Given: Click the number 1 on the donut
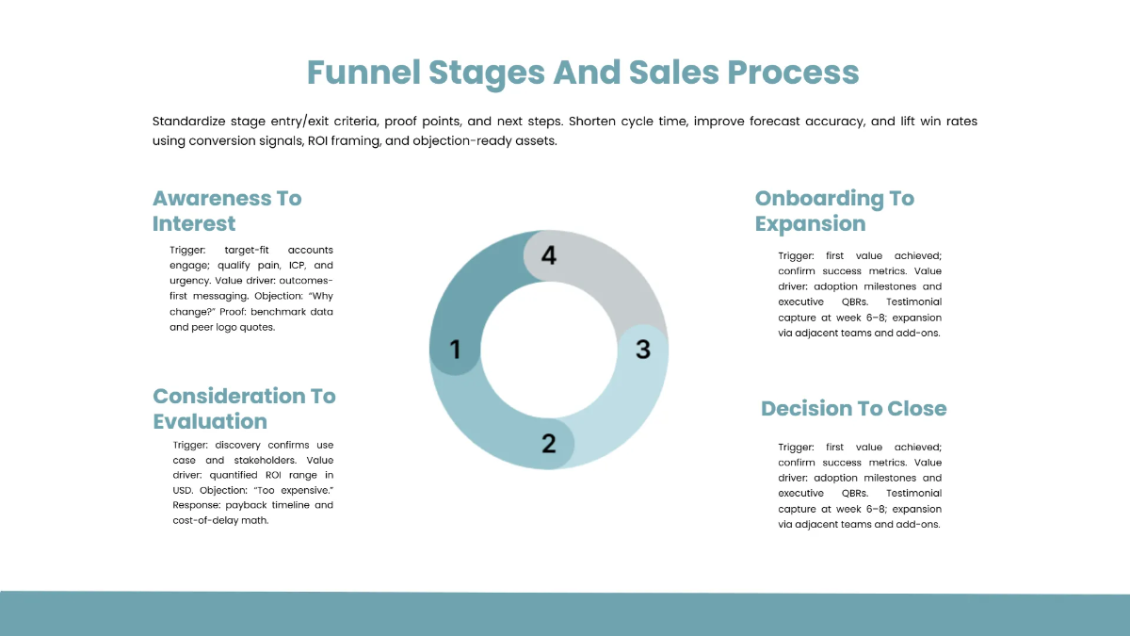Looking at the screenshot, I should pyautogui.click(x=455, y=351).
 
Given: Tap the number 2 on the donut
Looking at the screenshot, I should pyautogui.click(x=548, y=443).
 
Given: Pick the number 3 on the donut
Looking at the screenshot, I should pyautogui.click(x=642, y=350).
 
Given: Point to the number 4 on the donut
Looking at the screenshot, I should pyautogui.click(x=549, y=255).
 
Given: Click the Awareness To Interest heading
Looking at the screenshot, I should pyautogui.click(x=227, y=211).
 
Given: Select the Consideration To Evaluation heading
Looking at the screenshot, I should pyautogui.click(x=244, y=408).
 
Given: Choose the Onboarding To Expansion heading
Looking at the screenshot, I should pyautogui.click(x=834, y=211).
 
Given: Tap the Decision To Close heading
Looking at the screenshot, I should pyautogui.click(x=853, y=408).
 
